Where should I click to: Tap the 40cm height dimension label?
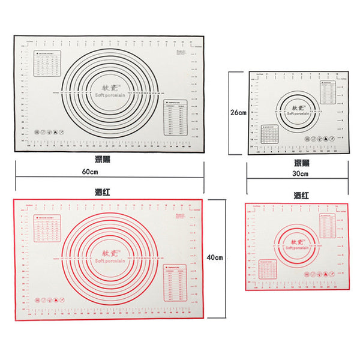click(x=214, y=257)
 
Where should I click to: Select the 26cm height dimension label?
click(x=238, y=112)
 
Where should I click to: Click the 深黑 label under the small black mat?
click(x=301, y=162)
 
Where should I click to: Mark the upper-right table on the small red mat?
click(x=328, y=226)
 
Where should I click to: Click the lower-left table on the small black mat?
click(x=269, y=133)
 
